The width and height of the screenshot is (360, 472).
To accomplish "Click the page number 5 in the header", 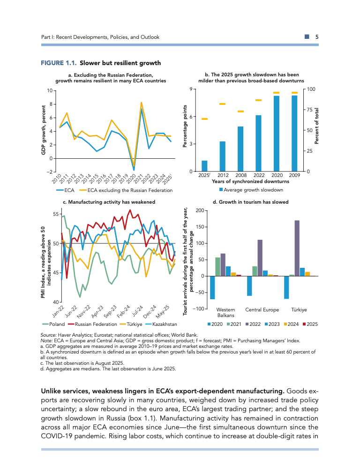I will (317, 37).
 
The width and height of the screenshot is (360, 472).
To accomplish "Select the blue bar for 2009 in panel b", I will (294, 133).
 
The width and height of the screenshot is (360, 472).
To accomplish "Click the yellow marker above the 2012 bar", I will (222, 104).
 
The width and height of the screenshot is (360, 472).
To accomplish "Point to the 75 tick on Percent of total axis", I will (309, 110).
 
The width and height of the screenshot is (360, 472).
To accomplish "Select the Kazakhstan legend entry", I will (162, 324).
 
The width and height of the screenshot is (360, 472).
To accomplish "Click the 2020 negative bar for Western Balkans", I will (212, 288).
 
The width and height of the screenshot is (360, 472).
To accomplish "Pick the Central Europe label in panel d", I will (262, 310).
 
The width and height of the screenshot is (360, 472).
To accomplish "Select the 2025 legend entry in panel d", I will (312, 324).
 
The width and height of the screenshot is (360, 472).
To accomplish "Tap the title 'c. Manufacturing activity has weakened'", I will (109, 202).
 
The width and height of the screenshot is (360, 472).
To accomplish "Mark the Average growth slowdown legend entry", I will (254, 190).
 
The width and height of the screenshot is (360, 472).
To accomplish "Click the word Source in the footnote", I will (49, 335).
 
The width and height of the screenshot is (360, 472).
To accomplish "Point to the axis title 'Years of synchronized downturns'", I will (250, 181).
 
